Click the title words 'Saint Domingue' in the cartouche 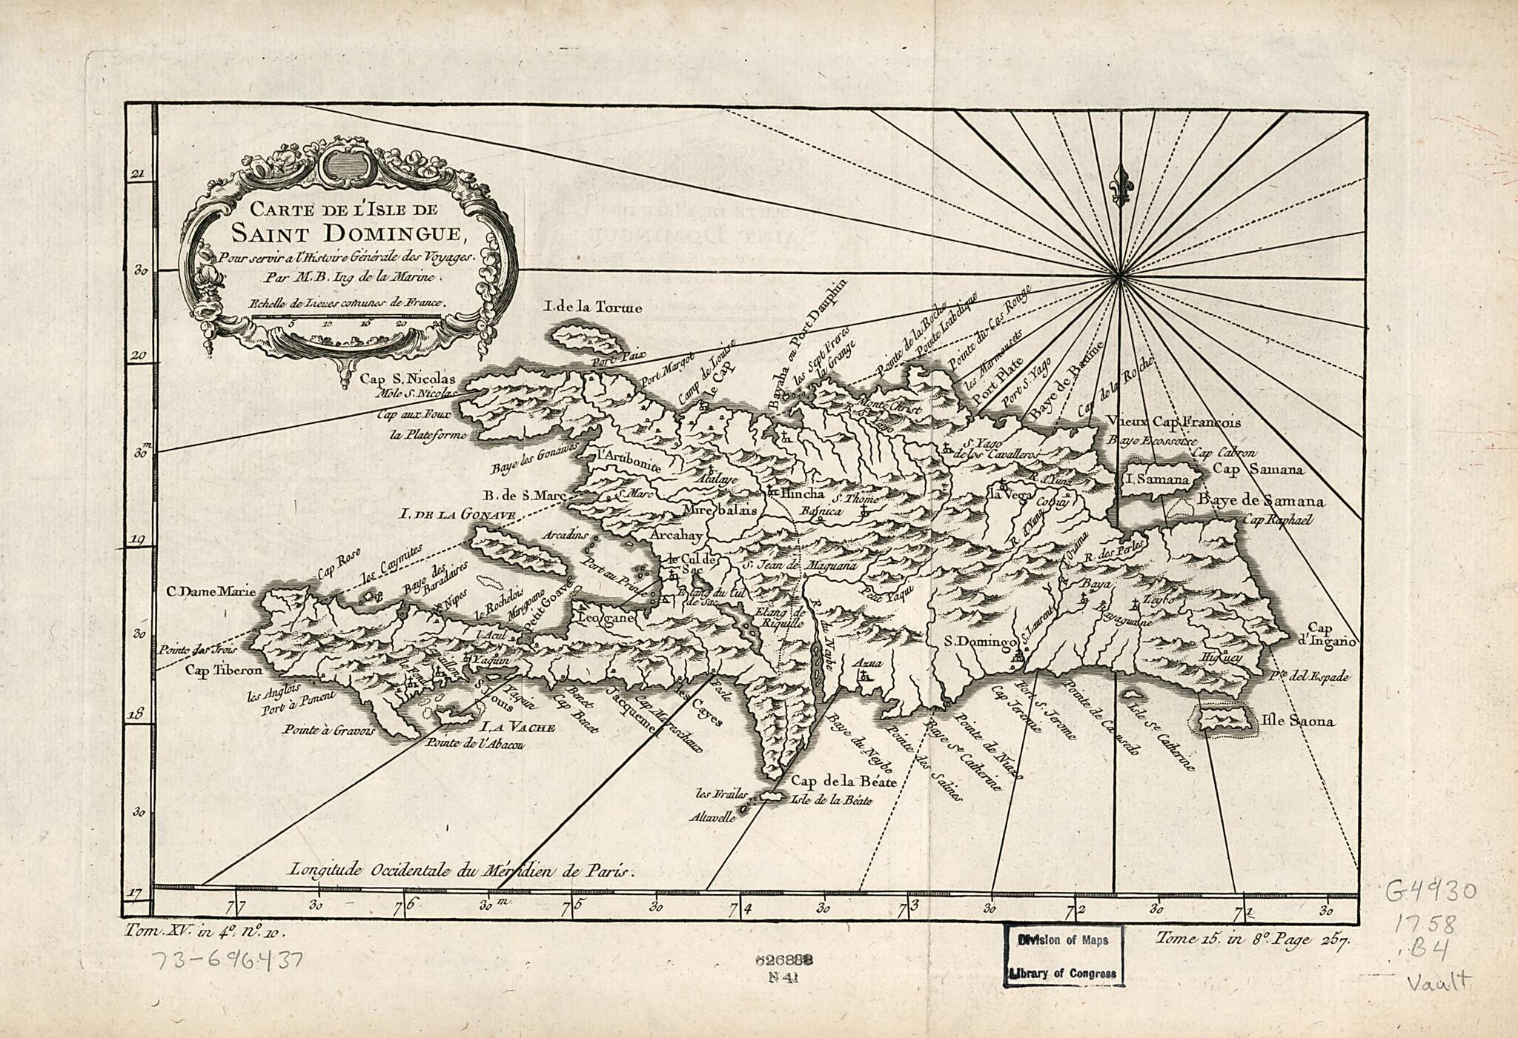click(x=346, y=234)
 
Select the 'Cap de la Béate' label click(x=844, y=781)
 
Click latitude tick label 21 click(x=137, y=175)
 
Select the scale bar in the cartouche click(x=346, y=316)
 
